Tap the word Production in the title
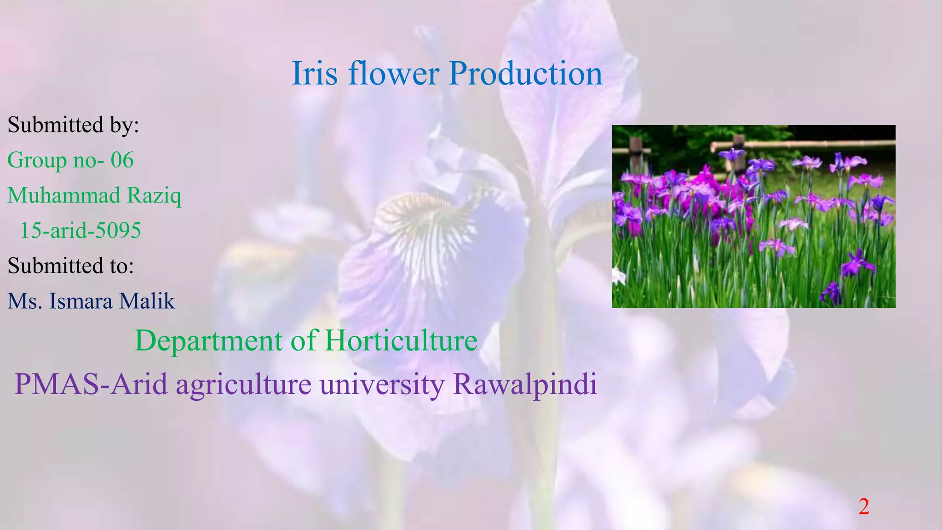click(525, 74)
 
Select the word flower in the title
click(394, 74)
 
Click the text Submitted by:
click(73, 125)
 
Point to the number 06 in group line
click(122, 160)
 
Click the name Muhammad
click(64, 196)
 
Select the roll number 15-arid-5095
click(80, 230)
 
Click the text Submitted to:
click(71, 266)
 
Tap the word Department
click(208, 341)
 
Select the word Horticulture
click(401, 341)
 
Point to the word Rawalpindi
click(525, 385)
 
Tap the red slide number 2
click(864, 507)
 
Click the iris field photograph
click(753, 216)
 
